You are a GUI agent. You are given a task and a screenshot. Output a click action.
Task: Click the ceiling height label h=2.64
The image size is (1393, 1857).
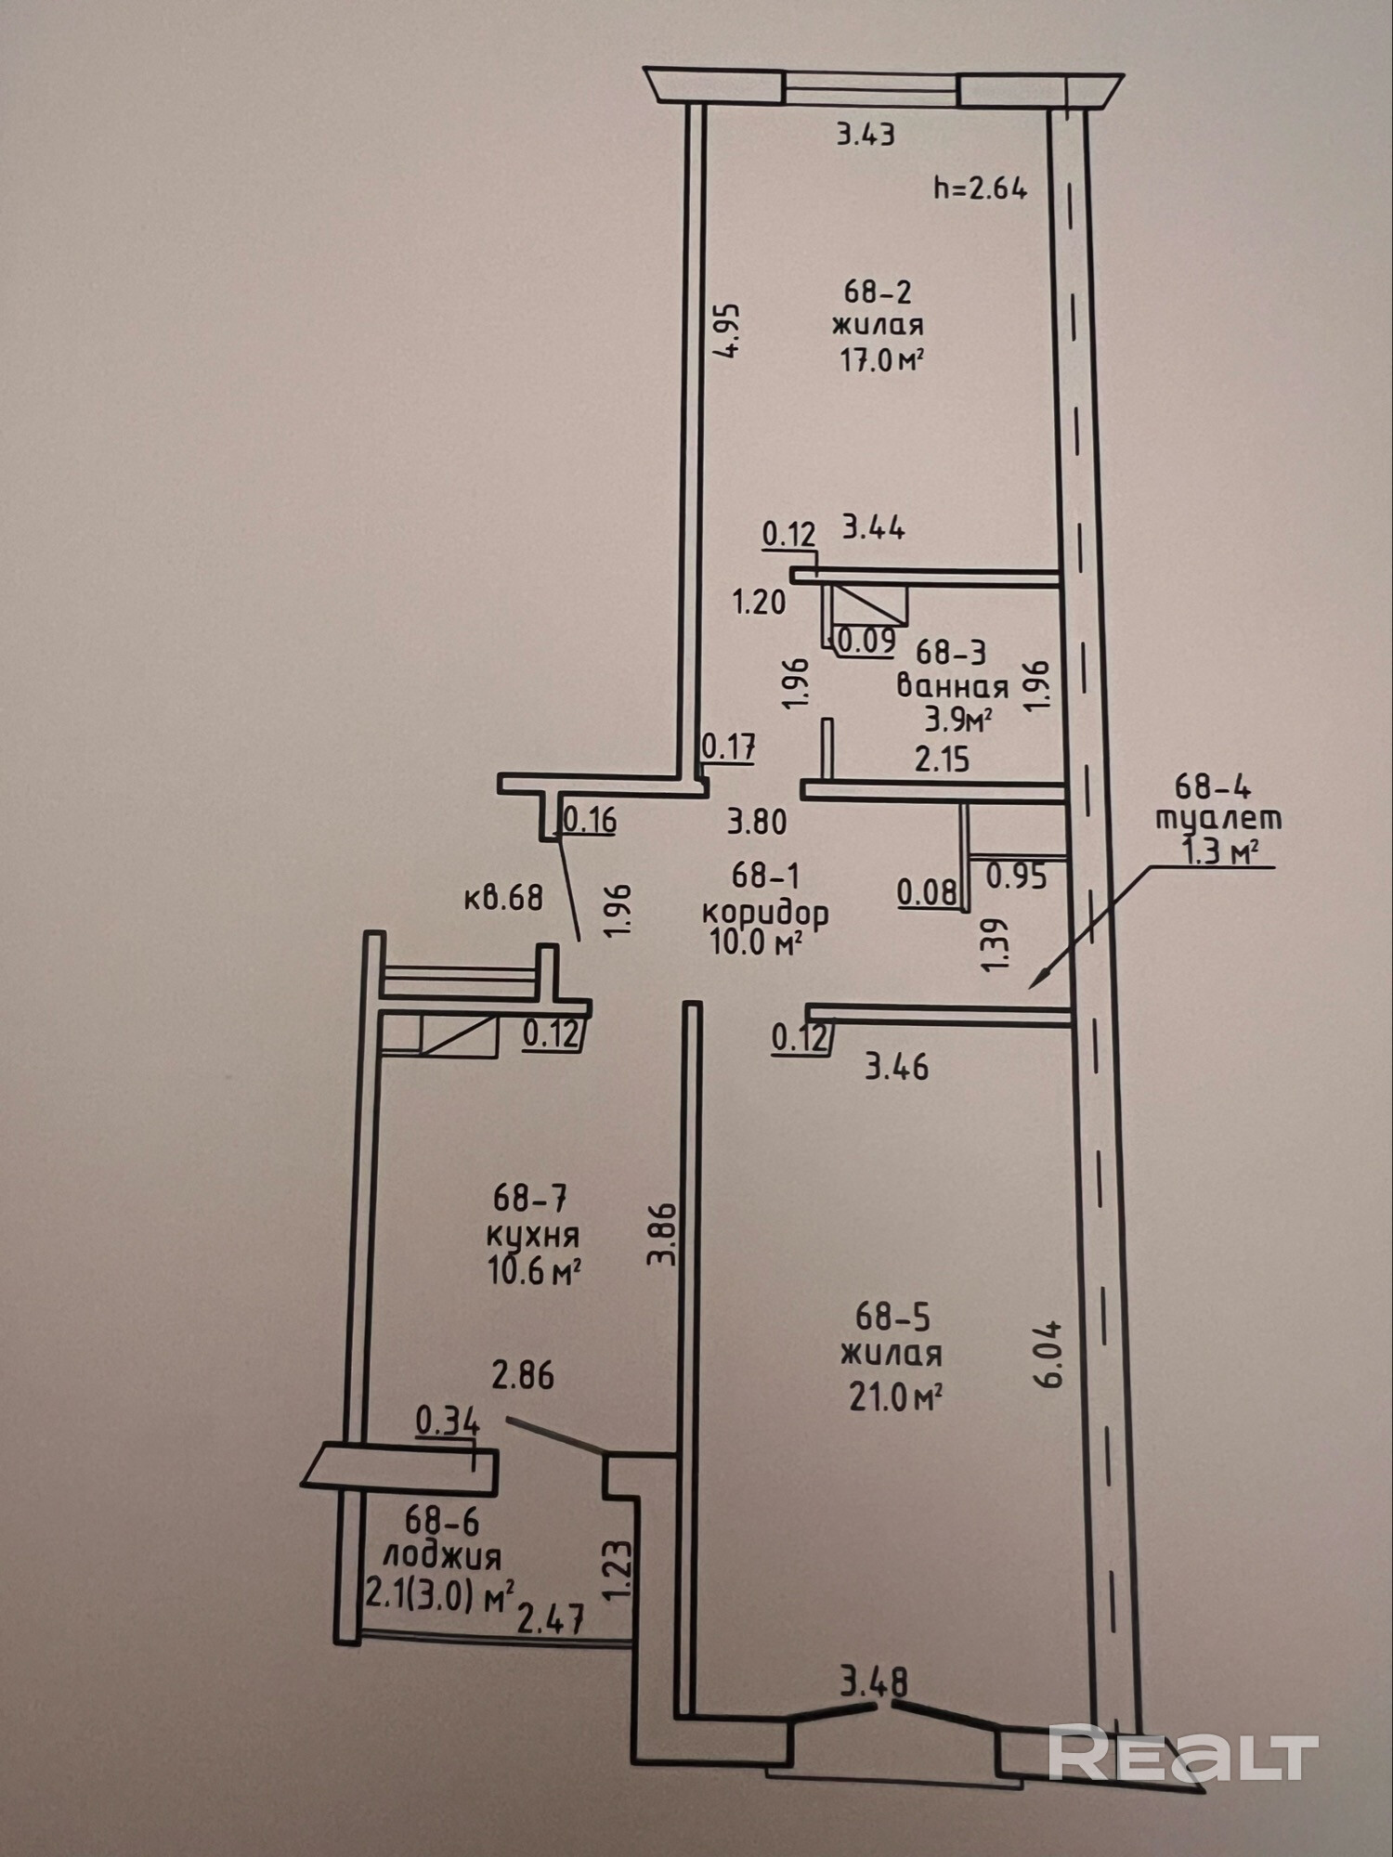point(980,188)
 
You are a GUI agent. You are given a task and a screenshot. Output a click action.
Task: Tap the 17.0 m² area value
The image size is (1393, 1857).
point(880,360)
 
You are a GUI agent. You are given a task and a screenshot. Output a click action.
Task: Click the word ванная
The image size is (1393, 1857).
point(952,687)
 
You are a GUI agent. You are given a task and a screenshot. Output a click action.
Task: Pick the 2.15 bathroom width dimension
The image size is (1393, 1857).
point(942,760)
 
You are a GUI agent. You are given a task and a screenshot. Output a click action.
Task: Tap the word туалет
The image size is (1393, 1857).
point(1218,819)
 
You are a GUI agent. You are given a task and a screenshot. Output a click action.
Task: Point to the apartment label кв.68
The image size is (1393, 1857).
point(502,898)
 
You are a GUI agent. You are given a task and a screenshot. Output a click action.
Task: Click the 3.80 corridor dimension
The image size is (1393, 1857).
point(757,822)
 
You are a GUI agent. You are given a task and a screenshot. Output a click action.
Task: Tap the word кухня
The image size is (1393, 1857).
point(533,1235)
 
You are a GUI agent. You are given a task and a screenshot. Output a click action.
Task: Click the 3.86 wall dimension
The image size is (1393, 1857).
point(661,1235)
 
